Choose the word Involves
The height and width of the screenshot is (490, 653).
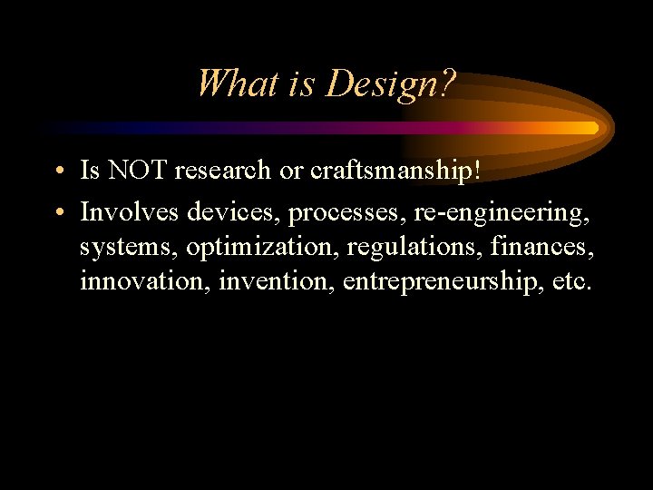point(130,212)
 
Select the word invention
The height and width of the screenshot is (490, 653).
point(277,281)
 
